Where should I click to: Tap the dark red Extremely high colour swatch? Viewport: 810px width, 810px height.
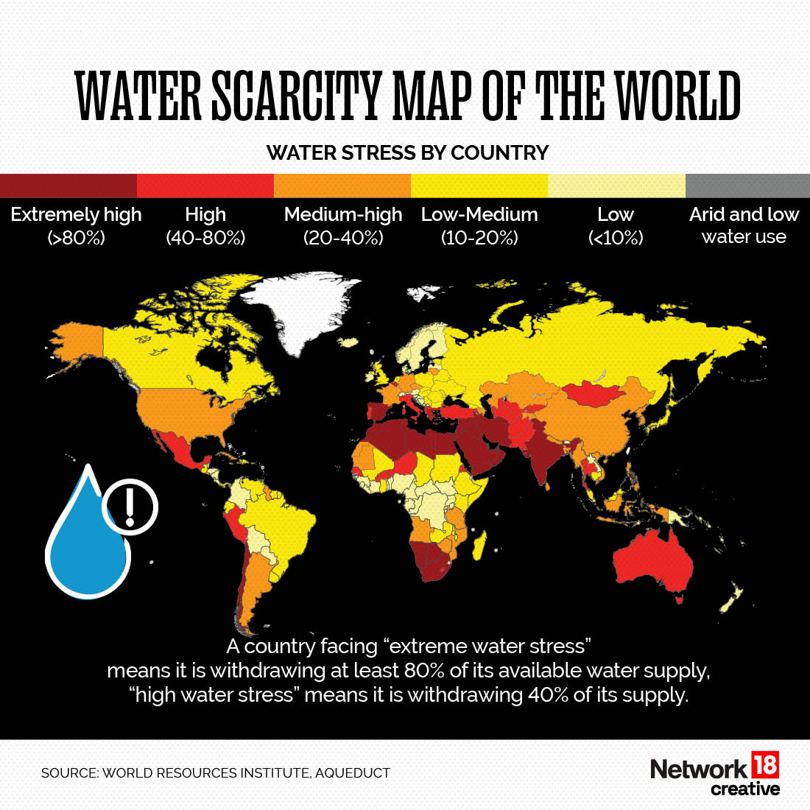(68, 186)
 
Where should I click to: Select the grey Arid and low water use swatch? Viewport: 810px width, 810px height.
(747, 186)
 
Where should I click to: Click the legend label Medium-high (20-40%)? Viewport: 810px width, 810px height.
(343, 225)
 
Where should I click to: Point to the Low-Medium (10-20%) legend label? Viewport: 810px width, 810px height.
(479, 225)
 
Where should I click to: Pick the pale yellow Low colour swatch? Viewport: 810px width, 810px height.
(616, 186)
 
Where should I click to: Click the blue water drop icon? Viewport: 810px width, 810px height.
(86, 541)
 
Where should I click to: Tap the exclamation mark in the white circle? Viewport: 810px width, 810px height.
(130, 506)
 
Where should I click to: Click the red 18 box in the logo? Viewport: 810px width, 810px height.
(765, 766)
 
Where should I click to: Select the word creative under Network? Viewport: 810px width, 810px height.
(744, 789)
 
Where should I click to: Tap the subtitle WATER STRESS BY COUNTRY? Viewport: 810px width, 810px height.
(407, 152)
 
